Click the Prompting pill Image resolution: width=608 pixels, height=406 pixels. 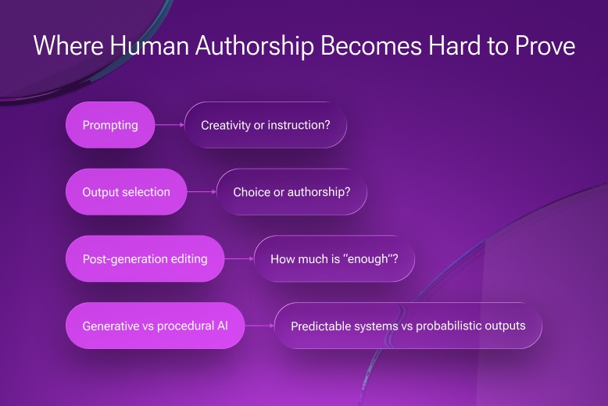point(110,125)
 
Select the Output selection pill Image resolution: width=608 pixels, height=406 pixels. point(126,192)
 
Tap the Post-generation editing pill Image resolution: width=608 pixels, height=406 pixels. point(145,258)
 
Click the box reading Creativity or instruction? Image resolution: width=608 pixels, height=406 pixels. point(265,125)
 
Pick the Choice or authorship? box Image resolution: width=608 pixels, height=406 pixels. point(291,192)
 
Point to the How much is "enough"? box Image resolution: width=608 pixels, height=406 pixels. point(334,258)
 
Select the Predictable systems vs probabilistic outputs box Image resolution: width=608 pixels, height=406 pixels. point(408,326)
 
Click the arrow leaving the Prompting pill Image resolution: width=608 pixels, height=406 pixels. point(169,125)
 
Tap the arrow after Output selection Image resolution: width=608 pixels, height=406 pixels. point(201,192)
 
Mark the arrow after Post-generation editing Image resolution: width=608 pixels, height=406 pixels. point(239,258)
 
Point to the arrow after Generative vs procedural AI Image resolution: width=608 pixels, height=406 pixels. point(259,326)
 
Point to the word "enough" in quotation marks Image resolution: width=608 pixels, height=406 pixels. point(367,258)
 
